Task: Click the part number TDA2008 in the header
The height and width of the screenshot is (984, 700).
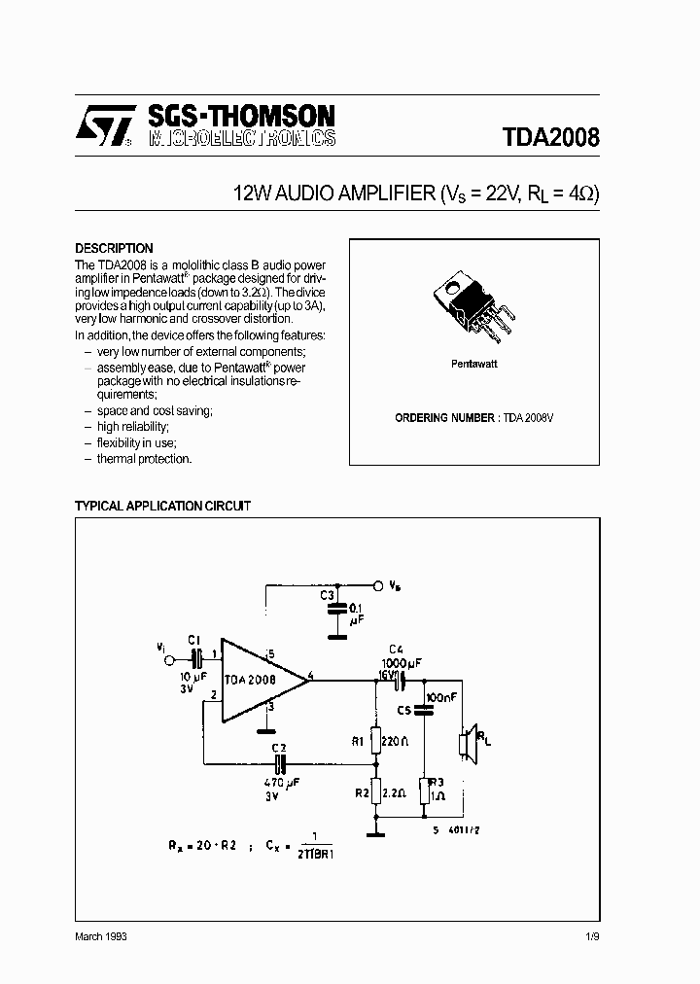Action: [550, 137]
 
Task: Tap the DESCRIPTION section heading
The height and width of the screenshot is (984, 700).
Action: [114, 248]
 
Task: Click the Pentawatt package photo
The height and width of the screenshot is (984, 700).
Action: [473, 308]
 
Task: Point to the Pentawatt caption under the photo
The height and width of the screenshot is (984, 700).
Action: [473, 363]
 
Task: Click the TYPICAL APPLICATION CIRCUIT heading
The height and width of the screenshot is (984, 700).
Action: [162, 507]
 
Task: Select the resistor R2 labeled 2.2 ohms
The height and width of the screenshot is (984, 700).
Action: [372, 793]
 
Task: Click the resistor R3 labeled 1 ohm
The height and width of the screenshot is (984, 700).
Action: [424, 792]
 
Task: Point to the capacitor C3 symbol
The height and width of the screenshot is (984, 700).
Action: [336, 609]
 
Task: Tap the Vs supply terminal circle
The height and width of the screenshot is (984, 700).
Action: [377, 586]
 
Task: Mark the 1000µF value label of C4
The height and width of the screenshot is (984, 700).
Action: [403, 662]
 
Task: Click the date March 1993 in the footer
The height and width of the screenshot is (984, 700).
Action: [101, 935]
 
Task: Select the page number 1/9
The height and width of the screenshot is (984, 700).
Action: [592, 935]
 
